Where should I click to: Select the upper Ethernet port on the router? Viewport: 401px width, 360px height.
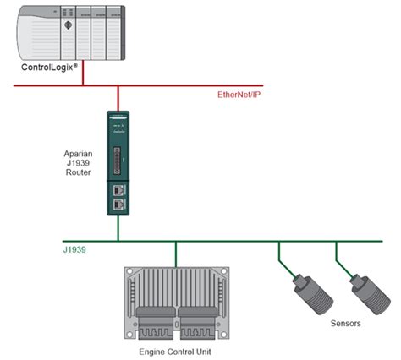pos(118,190)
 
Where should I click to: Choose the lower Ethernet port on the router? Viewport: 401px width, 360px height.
pos(118,204)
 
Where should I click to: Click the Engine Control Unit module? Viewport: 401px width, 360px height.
pos(175,299)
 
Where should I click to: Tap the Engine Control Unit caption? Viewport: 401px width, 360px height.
pos(176,350)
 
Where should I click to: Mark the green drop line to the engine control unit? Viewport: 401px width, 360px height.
pos(175,254)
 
